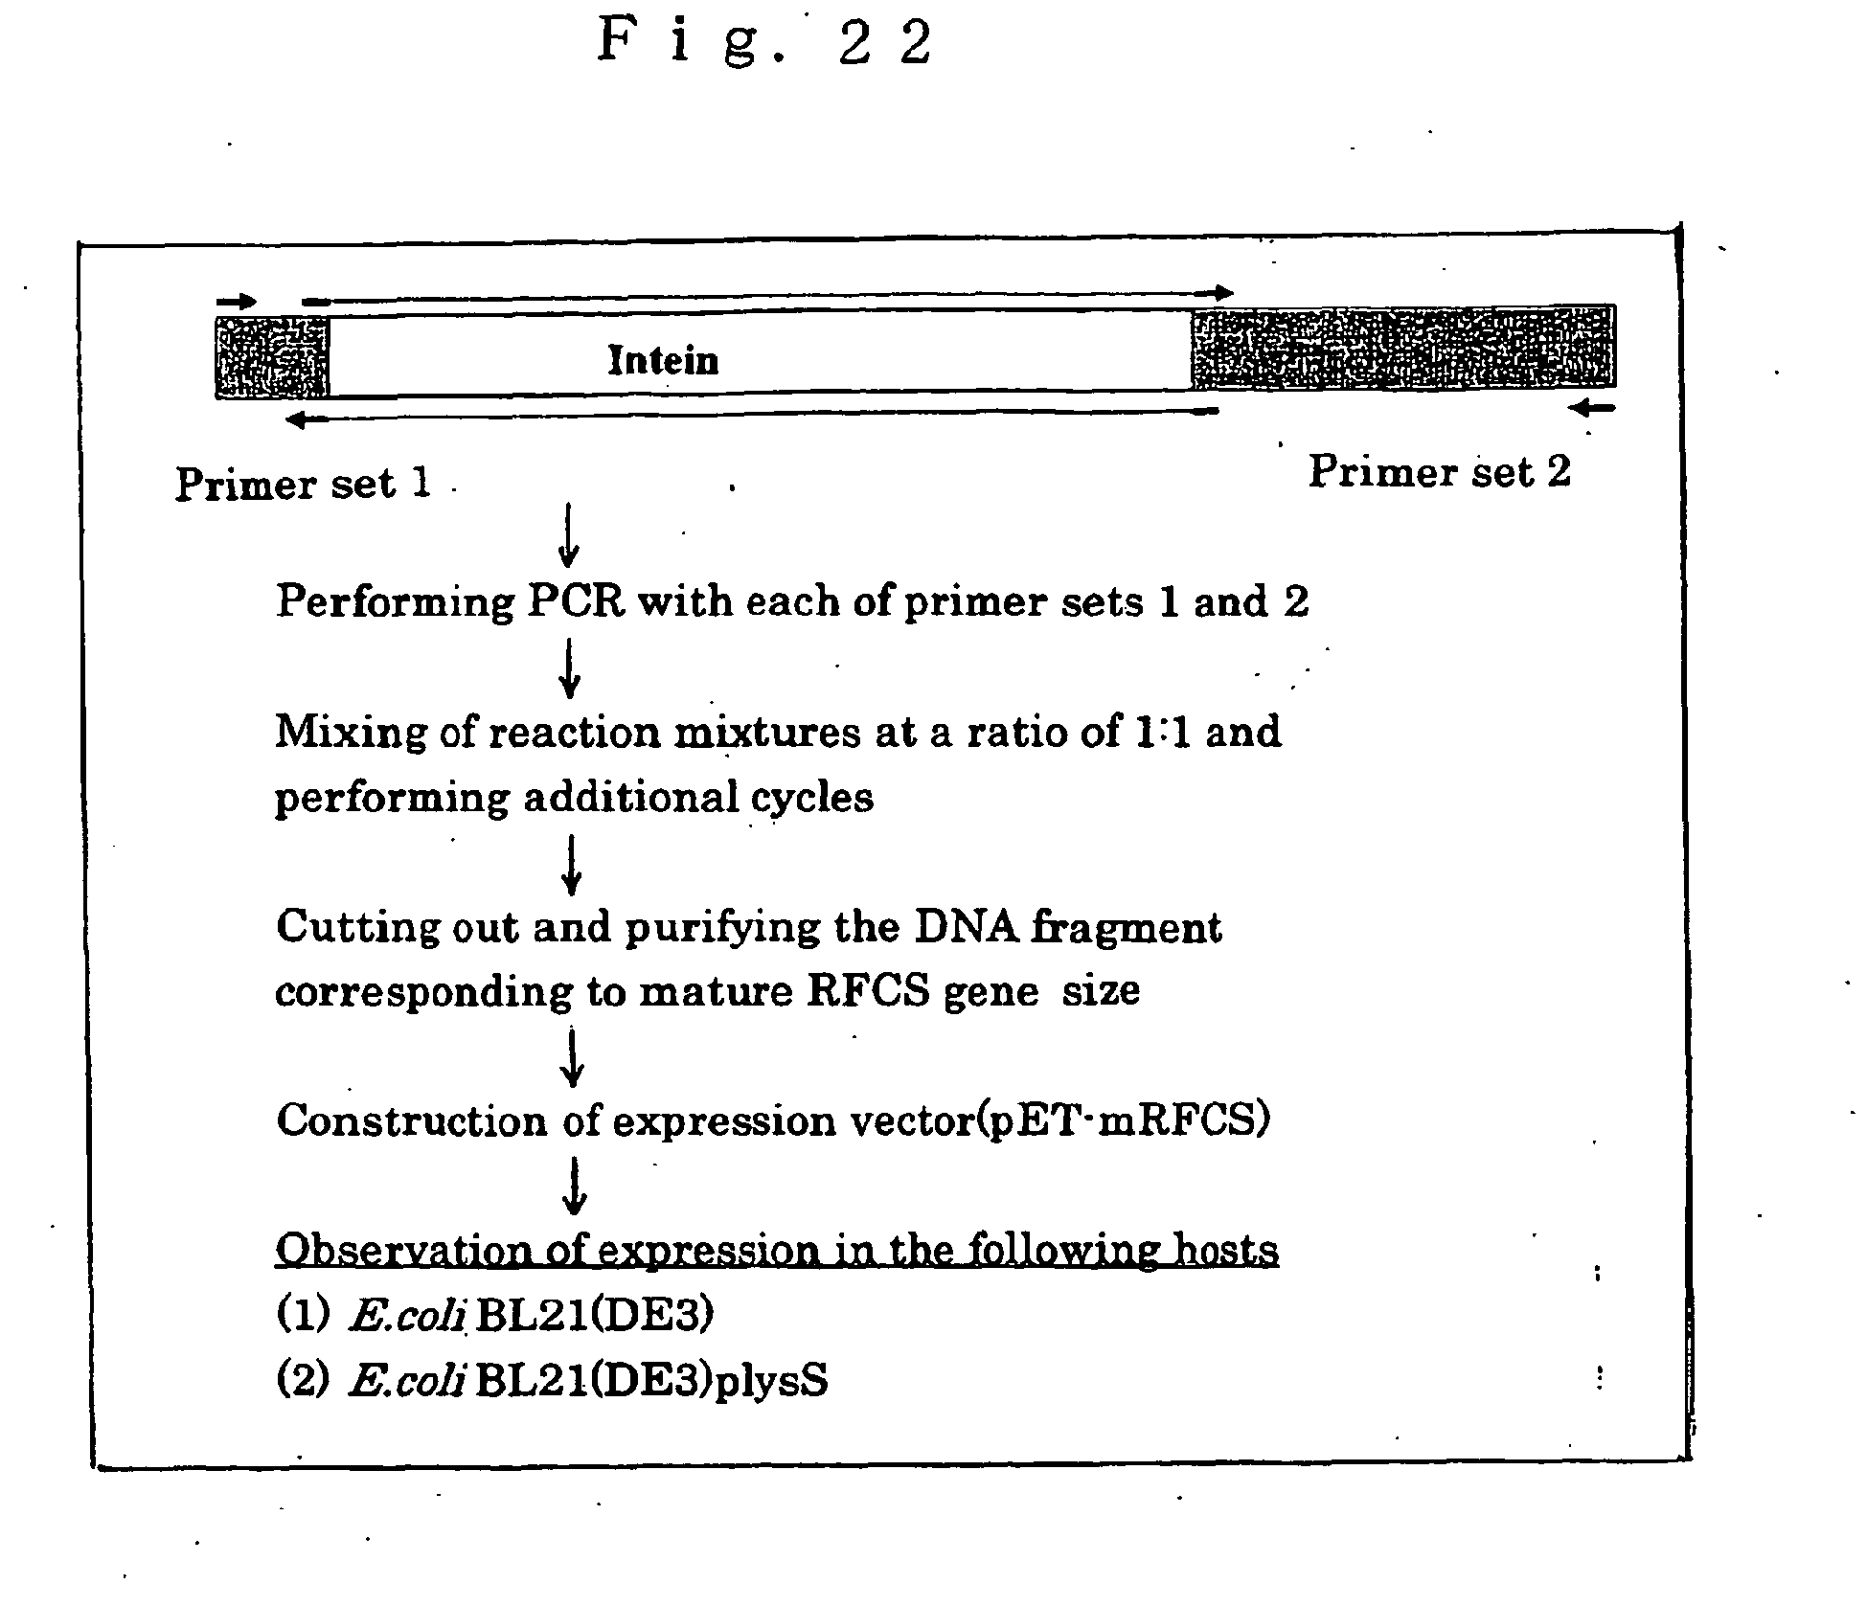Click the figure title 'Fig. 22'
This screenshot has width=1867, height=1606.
(x=764, y=42)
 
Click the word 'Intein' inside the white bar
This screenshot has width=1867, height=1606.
(x=663, y=361)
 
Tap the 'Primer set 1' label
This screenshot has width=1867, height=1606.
(x=303, y=484)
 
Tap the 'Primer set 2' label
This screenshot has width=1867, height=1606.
(x=1440, y=471)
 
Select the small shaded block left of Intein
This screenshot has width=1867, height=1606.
(x=272, y=357)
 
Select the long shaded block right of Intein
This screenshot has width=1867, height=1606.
(x=1403, y=347)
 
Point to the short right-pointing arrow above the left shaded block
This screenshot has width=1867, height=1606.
(x=237, y=302)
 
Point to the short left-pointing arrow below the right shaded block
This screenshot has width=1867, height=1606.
(x=1592, y=409)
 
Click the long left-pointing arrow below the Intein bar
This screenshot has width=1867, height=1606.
(x=752, y=416)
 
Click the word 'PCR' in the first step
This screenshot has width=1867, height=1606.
(x=576, y=601)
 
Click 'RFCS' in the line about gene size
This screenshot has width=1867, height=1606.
(x=868, y=990)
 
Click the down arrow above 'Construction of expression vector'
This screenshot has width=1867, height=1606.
(x=572, y=1057)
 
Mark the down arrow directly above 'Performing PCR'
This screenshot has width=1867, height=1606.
(x=569, y=534)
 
